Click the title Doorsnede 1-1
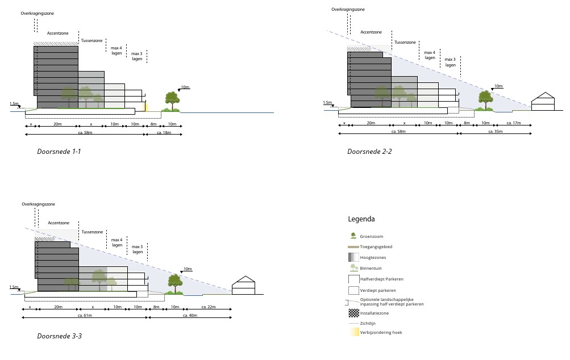tap(59, 152)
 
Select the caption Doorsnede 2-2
tap(369, 152)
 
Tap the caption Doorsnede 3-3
tap(59, 336)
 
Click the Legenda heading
tap(361, 219)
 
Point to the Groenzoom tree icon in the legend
tap(353, 236)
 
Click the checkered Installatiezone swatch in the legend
tap(353, 313)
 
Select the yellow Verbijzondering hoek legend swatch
tap(353, 332)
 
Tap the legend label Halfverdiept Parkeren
tap(382, 279)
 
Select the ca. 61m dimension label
tap(85, 315)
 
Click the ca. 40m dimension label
tap(190, 315)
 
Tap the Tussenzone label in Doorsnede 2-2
tap(405, 42)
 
